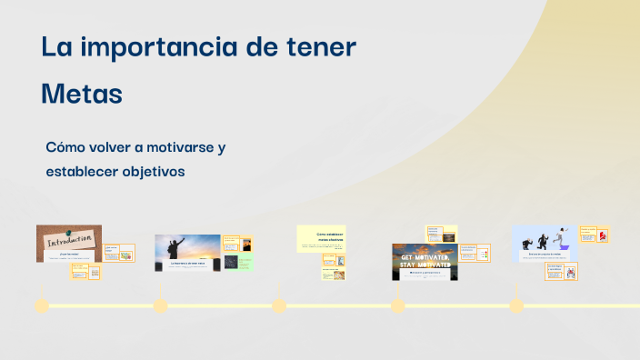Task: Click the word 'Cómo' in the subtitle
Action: (x=66, y=147)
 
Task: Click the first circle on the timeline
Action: (x=41, y=305)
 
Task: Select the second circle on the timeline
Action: (x=160, y=305)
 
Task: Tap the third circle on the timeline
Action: (x=279, y=305)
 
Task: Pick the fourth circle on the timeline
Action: (x=397, y=305)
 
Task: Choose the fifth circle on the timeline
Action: (x=516, y=305)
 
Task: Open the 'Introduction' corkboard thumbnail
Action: (x=69, y=243)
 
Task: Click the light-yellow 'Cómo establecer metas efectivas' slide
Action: (x=321, y=238)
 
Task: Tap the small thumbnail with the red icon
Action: (x=602, y=235)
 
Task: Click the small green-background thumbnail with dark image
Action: (x=232, y=262)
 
